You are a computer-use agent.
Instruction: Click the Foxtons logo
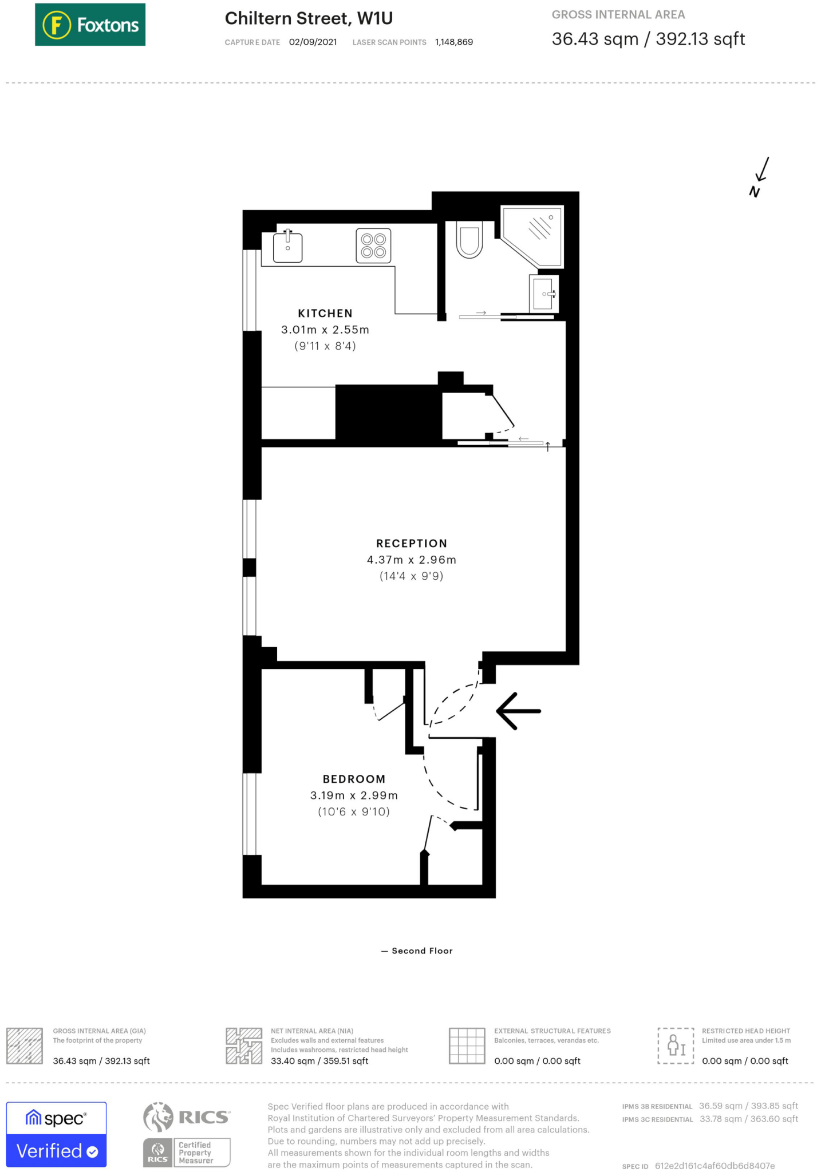click(90, 25)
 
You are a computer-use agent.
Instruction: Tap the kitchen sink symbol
click(287, 247)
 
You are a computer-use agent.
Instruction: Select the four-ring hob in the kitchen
click(373, 246)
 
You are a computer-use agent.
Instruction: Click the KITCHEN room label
click(325, 314)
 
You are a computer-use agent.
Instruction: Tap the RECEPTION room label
click(411, 544)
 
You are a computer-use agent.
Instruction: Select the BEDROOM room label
click(354, 779)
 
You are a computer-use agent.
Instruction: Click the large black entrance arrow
click(518, 711)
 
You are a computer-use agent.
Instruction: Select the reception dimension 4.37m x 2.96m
click(411, 560)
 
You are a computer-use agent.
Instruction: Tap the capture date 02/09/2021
click(313, 42)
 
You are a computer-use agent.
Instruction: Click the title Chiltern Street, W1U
click(309, 19)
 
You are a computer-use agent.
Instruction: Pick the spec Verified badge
click(56, 1134)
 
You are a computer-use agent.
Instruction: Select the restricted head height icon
click(676, 1046)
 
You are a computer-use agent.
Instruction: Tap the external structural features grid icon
click(467, 1046)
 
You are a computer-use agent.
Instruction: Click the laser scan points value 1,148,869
click(453, 42)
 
